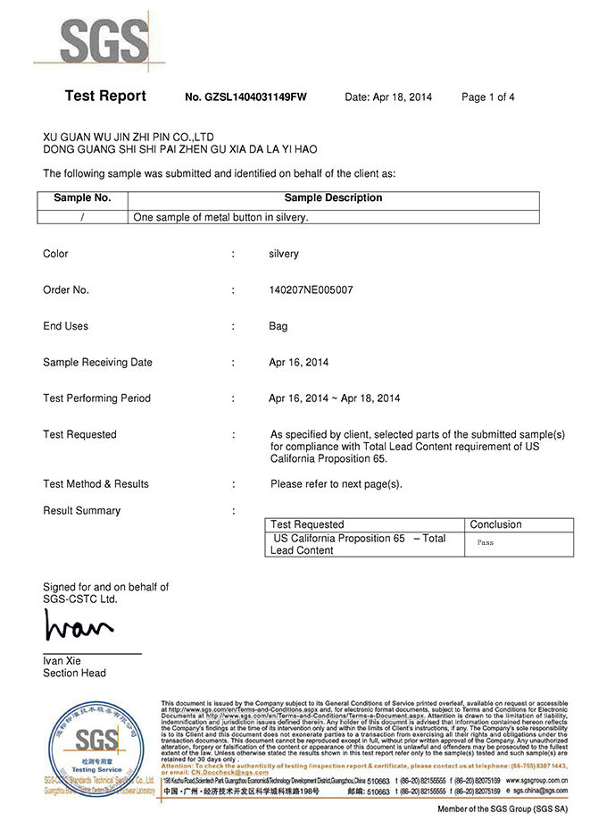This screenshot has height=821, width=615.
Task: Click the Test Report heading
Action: point(104,96)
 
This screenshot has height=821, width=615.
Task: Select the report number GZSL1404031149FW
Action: point(245,97)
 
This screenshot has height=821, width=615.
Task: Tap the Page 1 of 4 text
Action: point(487,97)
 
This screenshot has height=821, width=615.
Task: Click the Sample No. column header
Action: point(82,198)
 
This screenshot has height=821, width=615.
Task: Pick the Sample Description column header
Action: point(333,198)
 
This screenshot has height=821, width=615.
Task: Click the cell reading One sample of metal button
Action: point(220,217)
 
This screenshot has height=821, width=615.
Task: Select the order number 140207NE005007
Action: point(311,290)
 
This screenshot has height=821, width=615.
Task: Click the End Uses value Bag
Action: point(278,326)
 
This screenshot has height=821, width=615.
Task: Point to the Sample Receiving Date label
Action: point(97,363)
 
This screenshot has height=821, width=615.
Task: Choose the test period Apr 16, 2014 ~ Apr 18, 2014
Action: point(334,398)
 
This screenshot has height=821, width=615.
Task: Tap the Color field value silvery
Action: point(284,254)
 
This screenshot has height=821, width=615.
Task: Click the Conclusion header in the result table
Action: point(495,524)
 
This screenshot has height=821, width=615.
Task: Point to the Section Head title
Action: point(74,673)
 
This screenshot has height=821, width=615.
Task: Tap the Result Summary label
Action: point(81,511)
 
